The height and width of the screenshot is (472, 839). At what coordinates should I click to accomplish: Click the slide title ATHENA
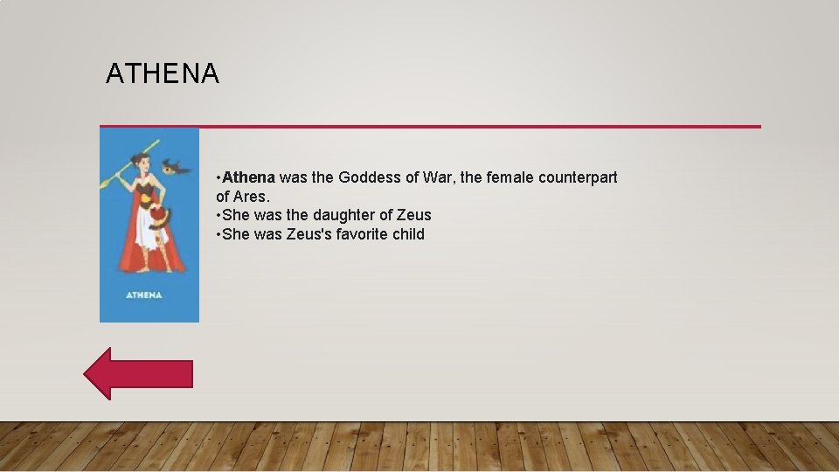click(x=163, y=74)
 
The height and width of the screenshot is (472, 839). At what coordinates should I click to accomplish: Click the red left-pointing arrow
click(x=138, y=373)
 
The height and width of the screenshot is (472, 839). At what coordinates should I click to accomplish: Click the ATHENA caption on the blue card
click(x=144, y=295)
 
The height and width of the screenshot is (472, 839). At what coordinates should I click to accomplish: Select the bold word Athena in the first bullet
click(x=248, y=177)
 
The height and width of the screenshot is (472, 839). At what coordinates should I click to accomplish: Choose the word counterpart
click(x=578, y=177)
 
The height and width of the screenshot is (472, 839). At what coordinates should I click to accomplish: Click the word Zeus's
click(x=309, y=234)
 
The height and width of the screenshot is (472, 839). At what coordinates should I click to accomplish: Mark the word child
click(x=409, y=234)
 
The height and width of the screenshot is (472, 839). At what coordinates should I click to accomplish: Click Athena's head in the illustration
click(x=141, y=163)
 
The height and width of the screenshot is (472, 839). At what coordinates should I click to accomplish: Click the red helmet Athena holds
click(x=156, y=216)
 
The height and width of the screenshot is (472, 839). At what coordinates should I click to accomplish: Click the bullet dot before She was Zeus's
click(x=218, y=234)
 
